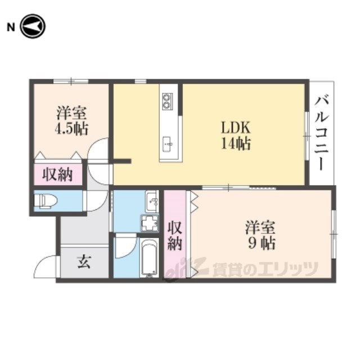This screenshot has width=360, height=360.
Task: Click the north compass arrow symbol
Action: [x=33, y=26]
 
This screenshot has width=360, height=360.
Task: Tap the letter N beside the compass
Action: [x=11, y=27]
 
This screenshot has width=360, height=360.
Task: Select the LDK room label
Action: [x=236, y=128]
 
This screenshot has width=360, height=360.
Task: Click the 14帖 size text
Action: [x=236, y=143]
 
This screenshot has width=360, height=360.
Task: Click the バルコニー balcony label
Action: [x=322, y=134]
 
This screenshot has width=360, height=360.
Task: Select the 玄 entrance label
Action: [x=84, y=262]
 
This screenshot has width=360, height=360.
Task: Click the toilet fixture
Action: [x=46, y=201]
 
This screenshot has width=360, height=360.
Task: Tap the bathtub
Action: [x=149, y=258]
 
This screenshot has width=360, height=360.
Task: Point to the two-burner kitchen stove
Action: [x=166, y=101]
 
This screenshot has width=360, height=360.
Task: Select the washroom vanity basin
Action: [x=152, y=201]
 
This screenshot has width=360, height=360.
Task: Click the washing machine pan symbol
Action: [x=150, y=223]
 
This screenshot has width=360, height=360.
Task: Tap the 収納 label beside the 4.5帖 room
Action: [x=57, y=174]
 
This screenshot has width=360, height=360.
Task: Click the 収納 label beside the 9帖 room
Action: [x=175, y=235]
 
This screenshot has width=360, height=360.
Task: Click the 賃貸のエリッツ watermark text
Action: [x=265, y=269]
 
